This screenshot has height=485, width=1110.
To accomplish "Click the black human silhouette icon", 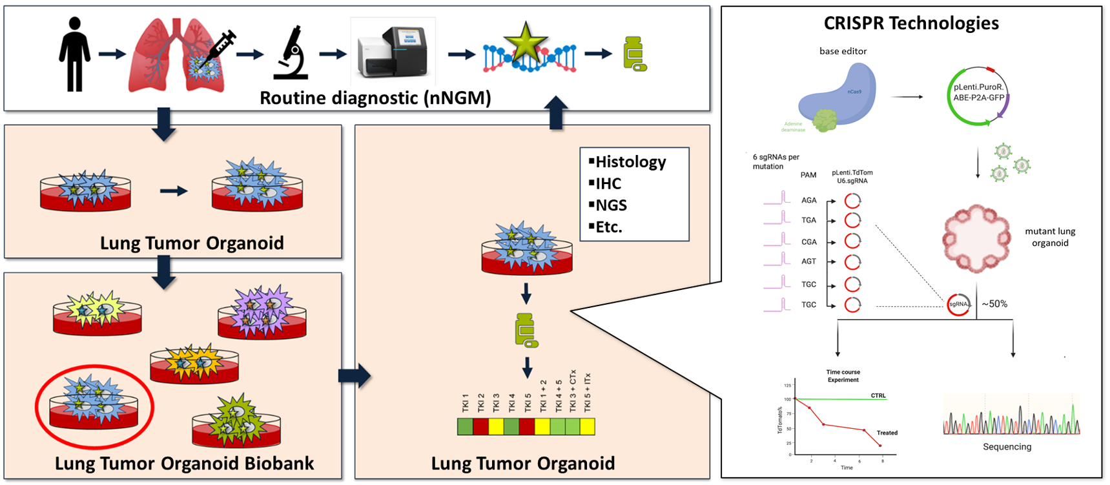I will tap(75, 54).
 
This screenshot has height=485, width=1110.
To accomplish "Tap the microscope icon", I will tap(291, 53).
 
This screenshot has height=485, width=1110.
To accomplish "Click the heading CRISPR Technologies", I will tap(910, 23).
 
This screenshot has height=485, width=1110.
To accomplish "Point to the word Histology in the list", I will tap(630, 161).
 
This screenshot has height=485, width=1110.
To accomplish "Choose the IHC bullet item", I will tap(608, 183).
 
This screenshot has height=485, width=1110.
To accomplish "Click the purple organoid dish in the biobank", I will tap(262, 313).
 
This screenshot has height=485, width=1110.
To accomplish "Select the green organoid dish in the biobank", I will tap(236, 423).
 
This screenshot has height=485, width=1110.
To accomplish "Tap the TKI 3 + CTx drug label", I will tap(573, 391).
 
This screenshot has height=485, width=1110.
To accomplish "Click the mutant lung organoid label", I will tap(1050, 237).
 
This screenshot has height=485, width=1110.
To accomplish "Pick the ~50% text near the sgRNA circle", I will tap(994, 304).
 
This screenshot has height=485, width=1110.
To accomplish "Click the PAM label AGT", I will tap(808, 262).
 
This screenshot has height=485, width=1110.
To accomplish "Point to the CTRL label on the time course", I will tap(878, 395).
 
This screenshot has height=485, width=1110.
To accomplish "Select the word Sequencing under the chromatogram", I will tap(1007, 447).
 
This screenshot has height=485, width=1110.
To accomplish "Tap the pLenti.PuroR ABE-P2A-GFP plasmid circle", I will tap(978, 96).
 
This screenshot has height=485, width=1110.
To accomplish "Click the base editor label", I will tap(843, 51).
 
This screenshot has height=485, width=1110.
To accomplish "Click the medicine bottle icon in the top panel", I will tap(635, 54).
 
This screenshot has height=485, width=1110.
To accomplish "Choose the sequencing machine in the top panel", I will tap(393, 52).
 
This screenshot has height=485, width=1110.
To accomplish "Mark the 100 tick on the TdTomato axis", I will tap(787, 399).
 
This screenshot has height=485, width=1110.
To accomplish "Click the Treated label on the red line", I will tap(887, 433).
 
